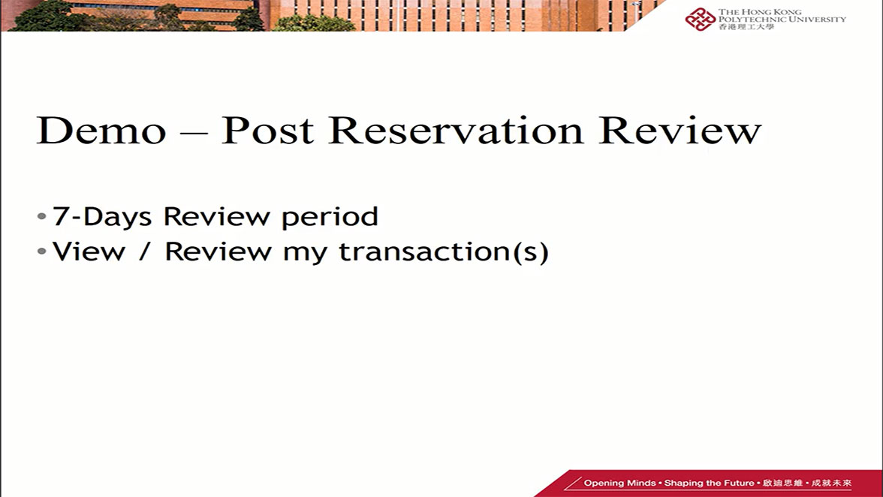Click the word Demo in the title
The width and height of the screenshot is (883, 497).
[x=101, y=131]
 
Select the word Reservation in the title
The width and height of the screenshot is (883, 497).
[x=456, y=131]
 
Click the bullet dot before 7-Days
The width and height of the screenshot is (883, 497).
[x=41, y=217]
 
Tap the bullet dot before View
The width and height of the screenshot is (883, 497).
[x=41, y=252]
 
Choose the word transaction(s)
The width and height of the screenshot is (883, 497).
[x=444, y=252]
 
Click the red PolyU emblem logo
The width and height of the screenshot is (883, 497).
[x=700, y=18]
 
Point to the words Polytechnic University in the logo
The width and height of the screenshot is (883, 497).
[x=782, y=20]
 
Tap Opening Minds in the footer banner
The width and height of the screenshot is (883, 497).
[x=619, y=483]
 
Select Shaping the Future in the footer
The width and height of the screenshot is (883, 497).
[x=709, y=483]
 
